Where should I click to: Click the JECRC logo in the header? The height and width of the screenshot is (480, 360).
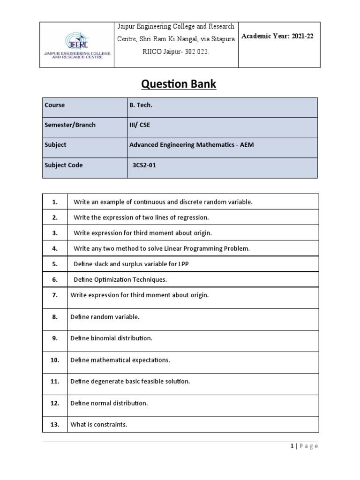point(78,45)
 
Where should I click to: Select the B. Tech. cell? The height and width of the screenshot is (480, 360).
point(141,105)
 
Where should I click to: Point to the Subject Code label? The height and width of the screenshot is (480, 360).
point(63,165)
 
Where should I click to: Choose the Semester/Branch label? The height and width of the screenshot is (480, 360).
point(70,125)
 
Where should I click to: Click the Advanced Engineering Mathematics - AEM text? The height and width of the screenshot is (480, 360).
point(192,145)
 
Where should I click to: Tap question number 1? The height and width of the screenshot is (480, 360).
point(55,202)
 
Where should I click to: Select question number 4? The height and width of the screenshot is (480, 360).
point(55,248)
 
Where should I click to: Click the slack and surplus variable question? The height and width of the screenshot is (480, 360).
point(131,264)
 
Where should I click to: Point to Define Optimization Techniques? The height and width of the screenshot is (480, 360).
point(120,279)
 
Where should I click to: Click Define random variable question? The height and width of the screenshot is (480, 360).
point(105,317)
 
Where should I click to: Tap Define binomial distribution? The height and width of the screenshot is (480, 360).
point(111,338)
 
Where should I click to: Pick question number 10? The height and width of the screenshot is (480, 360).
point(55,360)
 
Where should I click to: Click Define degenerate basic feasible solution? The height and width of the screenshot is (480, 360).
point(130,382)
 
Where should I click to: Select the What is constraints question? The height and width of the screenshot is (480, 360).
point(99,425)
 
